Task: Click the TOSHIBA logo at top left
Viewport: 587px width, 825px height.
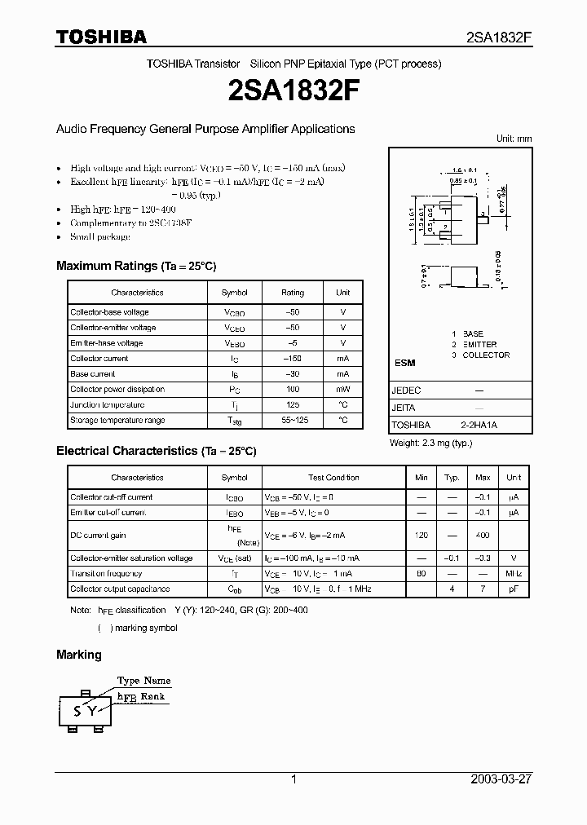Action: [x=101, y=37]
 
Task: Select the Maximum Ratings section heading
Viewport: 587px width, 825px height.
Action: [x=136, y=266]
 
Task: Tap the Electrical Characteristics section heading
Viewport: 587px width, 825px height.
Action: [x=156, y=450]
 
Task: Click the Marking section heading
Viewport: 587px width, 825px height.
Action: [x=79, y=654]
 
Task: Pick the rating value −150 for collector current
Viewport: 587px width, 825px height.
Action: [x=292, y=359]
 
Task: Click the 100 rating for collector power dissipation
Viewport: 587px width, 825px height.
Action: [x=292, y=390]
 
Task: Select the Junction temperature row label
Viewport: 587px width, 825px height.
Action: [x=107, y=405]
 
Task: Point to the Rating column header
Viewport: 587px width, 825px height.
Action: [x=292, y=293]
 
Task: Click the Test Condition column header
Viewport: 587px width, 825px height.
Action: [x=333, y=478]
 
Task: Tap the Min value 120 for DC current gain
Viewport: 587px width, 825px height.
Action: [x=421, y=536]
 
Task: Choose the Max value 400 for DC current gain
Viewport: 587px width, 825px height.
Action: [x=483, y=536]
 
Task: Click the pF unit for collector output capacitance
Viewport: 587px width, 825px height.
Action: [x=514, y=589]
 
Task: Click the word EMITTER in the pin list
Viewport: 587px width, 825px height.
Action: [x=479, y=344]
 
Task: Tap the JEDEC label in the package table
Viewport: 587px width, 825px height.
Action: [x=406, y=390]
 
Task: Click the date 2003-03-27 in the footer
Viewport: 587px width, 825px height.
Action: [x=501, y=779]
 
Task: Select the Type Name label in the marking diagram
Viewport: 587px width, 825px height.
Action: [x=143, y=681]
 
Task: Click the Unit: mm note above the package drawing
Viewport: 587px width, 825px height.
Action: [x=514, y=139]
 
